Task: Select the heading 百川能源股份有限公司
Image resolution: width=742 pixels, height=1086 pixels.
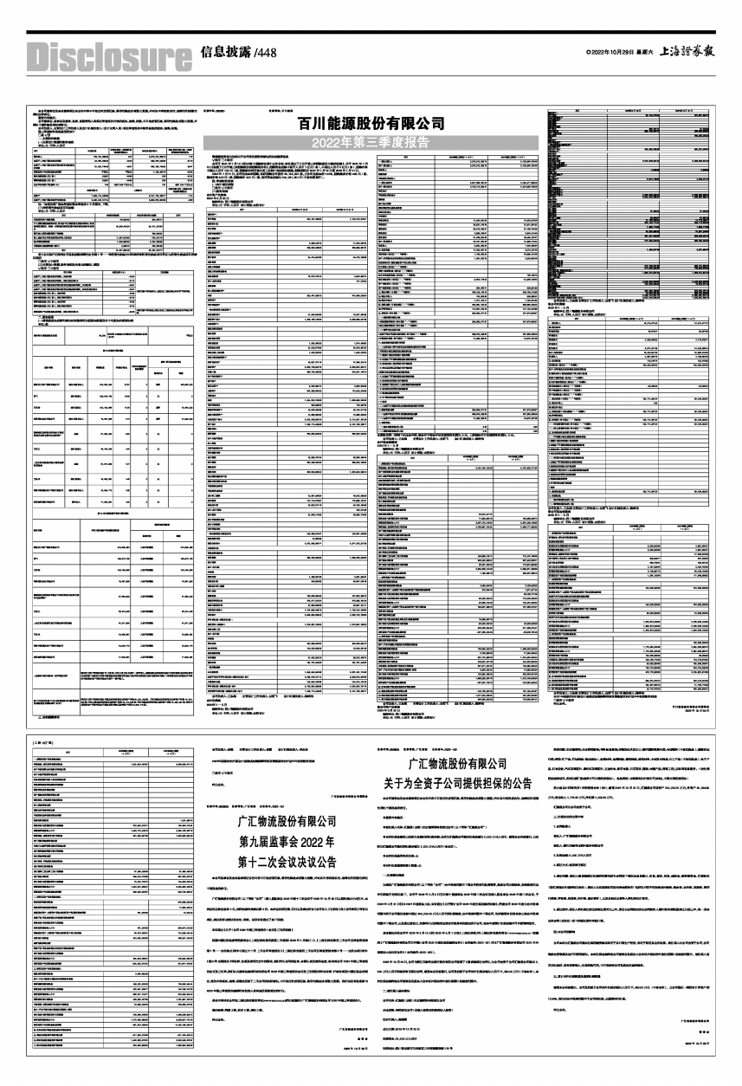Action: [371, 123]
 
